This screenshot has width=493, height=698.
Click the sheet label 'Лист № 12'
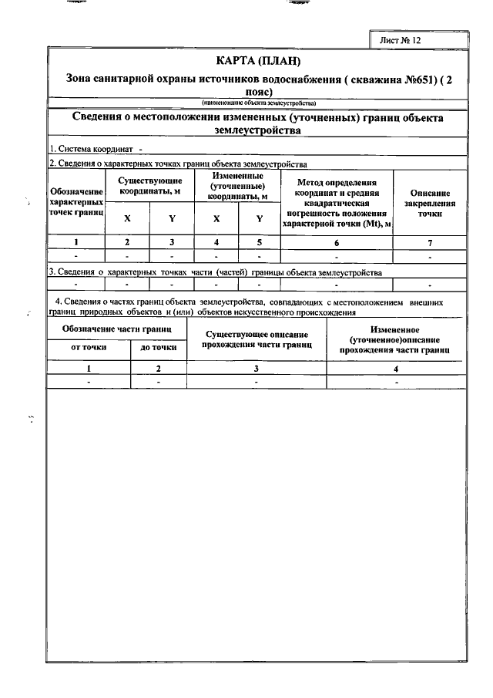pos(401,39)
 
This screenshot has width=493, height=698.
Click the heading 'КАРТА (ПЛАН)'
pos(257,60)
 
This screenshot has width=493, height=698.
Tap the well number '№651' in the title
pos(407,78)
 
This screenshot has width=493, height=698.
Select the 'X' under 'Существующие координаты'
pos(127,218)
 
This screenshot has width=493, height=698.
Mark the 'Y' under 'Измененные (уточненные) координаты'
pos(260,218)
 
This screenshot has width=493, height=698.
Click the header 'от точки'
pos(89,348)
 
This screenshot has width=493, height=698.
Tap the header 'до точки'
pos(159,348)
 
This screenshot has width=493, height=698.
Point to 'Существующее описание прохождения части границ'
pos(258,340)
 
